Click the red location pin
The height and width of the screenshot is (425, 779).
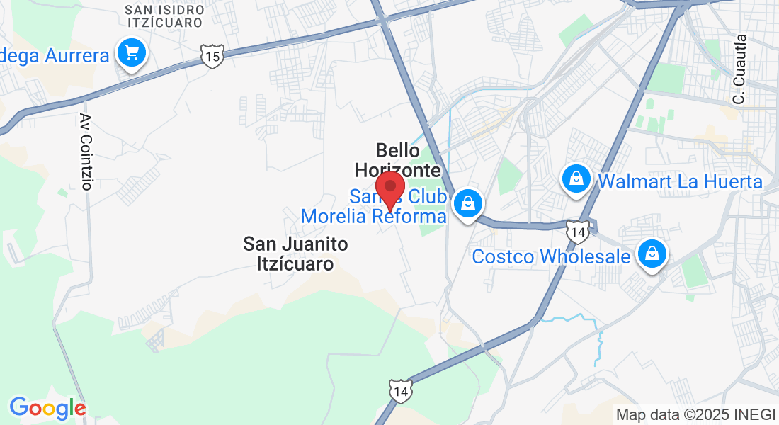click(389, 189)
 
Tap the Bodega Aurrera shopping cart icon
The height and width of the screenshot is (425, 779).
click(131, 53)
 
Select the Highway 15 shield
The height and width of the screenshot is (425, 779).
click(212, 56)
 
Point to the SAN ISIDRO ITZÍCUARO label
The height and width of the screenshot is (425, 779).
click(164, 16)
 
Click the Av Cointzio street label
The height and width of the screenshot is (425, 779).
click(86, 152)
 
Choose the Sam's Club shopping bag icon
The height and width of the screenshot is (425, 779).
click(467, 203)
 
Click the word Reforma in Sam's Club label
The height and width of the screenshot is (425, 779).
click(410, 216)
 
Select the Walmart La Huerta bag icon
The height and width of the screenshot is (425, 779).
click(577, 178)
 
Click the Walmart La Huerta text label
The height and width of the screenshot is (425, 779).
click(680, 182)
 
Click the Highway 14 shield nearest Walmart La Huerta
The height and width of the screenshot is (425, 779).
click(577, 231)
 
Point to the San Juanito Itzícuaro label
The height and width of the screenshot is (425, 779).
click(295, 254)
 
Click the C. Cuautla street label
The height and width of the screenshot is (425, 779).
click(740, 70)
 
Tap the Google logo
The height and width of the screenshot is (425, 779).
click(47, 408)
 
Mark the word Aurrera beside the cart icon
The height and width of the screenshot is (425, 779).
click(76, 55)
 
